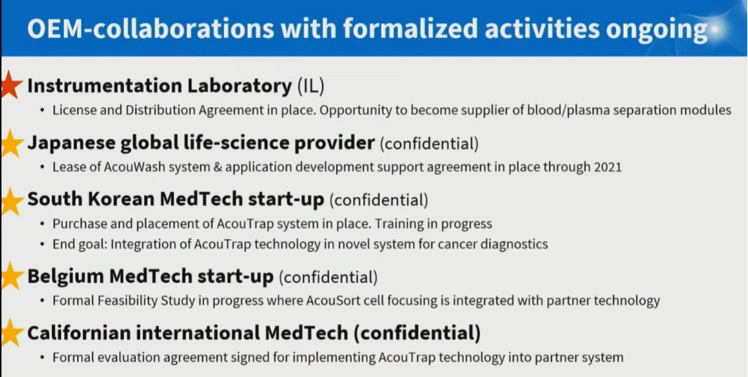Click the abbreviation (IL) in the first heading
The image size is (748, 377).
coord(310,86)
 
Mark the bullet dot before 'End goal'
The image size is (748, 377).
coord(43,245)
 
